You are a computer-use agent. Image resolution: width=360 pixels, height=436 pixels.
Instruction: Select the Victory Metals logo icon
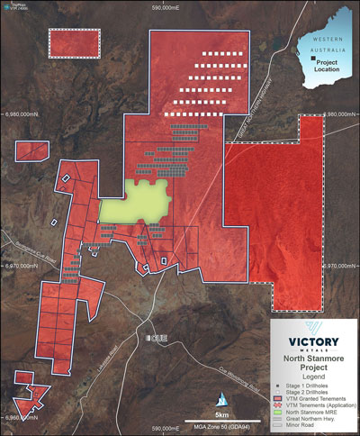314,329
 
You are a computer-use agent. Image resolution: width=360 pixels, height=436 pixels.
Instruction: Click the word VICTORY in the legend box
314,342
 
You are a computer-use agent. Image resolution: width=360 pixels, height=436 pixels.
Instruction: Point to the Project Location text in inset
328,66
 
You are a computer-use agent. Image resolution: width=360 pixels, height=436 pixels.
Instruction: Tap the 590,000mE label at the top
167,7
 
